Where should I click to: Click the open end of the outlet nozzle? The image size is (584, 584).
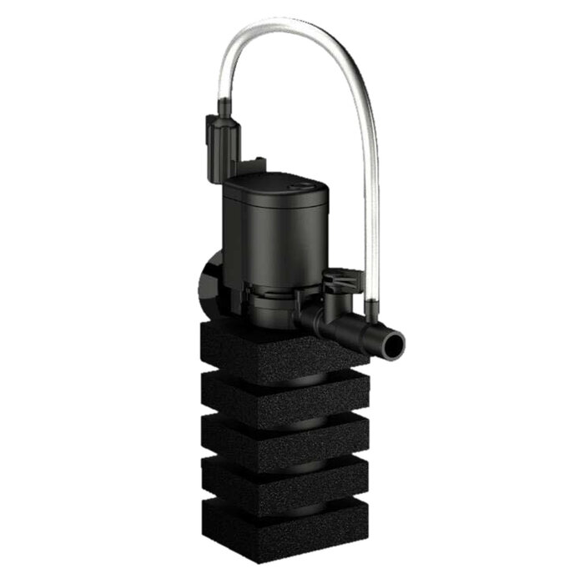[390, 341]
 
